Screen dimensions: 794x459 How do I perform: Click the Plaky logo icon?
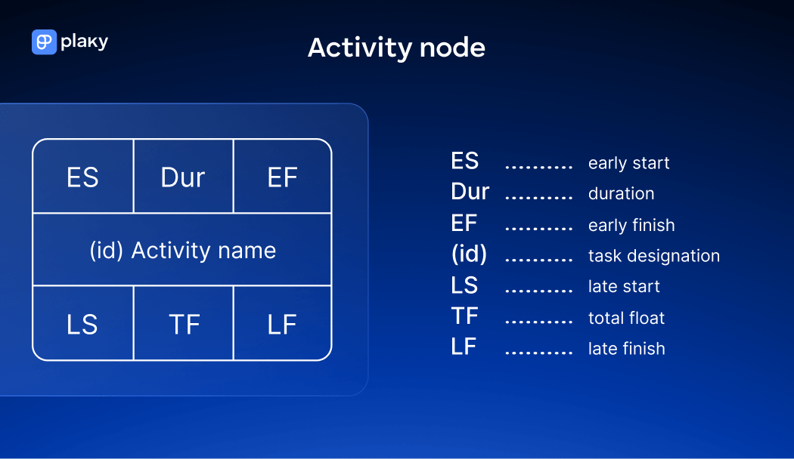(44, 42)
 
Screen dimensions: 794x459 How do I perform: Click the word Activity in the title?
(360, 48)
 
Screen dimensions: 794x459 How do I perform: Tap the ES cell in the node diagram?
(83, 176)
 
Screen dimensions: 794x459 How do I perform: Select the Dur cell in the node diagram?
(183, 176)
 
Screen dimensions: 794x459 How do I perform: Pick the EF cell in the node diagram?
(283, 176)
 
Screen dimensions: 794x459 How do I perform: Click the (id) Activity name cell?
(182, 250)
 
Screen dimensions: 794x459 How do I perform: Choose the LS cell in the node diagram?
(83, 323)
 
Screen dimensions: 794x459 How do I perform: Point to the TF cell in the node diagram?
(183, 323)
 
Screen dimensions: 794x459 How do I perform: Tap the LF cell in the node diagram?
(283, 323)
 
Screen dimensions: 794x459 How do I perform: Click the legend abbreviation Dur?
(470, 192)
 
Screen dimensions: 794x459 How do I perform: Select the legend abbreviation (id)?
(469, 254)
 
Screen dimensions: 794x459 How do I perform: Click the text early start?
(628, 163)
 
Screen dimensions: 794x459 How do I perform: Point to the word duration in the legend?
(622, 193)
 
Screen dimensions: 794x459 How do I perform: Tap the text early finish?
(631, 226)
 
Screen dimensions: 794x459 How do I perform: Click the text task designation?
(654, 256)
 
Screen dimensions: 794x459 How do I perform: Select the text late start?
(624, 287)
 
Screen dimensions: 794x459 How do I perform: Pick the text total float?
(626, 318)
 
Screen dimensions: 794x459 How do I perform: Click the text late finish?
(626, 349)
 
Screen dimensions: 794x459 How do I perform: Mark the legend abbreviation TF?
(464, 316)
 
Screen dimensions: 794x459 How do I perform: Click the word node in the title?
(452, 48)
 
